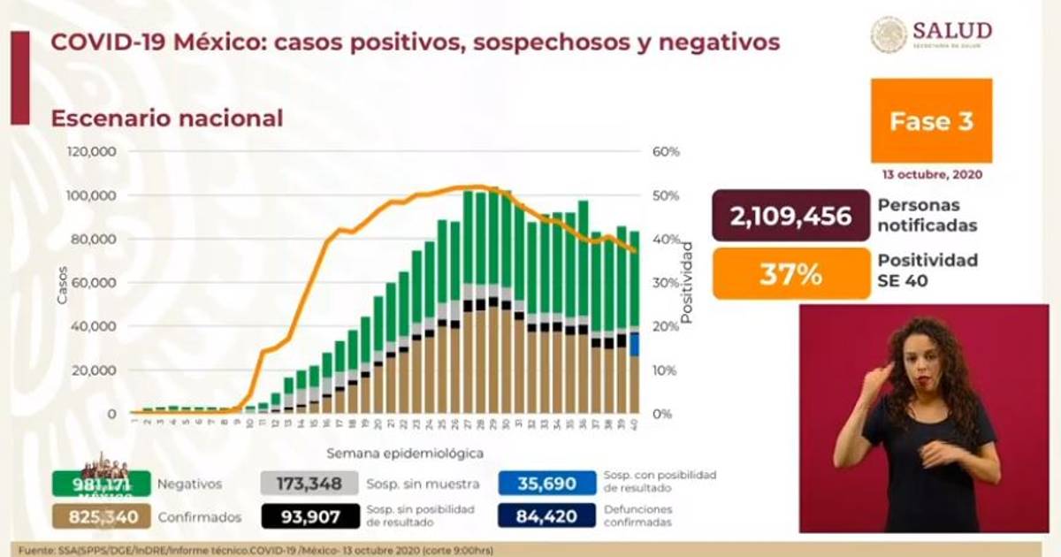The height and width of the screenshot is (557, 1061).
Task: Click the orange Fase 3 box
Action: pos(931,120)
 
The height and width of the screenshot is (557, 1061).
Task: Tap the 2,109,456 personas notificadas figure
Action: pos(790,216)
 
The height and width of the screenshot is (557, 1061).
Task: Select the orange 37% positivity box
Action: pos(790,274)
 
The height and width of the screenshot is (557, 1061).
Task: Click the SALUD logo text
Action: pos(951,30)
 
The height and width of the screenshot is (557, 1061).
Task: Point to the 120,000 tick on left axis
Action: pos(91,152)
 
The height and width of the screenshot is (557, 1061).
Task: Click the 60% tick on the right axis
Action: pos(665,152)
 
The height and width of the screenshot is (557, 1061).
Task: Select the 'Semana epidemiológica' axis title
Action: pos(405,454)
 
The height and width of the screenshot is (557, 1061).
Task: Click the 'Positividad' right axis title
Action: pos(687,282)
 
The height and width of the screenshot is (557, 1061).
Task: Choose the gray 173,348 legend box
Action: pos(309,484)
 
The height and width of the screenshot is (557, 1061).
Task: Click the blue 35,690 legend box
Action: pos(546,484)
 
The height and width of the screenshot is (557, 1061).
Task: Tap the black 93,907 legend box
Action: pos(309,515)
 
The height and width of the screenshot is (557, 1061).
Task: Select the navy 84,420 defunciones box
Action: pos(546,515)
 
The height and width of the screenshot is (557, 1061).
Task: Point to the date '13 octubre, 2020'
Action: pos(931,175)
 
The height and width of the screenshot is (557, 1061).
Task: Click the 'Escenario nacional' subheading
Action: pos(167,118)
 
